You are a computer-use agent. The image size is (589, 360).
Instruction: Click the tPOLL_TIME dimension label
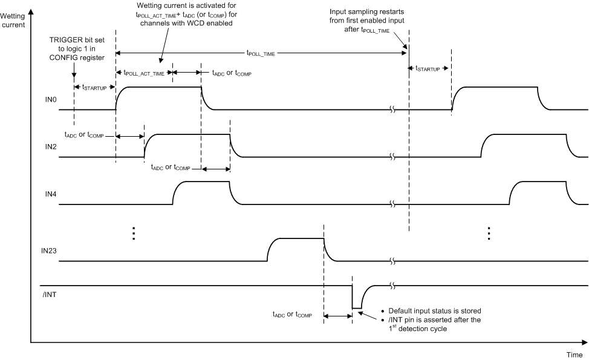click(x=261, y=53)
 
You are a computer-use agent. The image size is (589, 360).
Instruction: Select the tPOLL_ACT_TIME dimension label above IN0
click(x=144, y=73)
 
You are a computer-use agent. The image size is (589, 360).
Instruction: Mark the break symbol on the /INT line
click(x=394, y=285)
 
